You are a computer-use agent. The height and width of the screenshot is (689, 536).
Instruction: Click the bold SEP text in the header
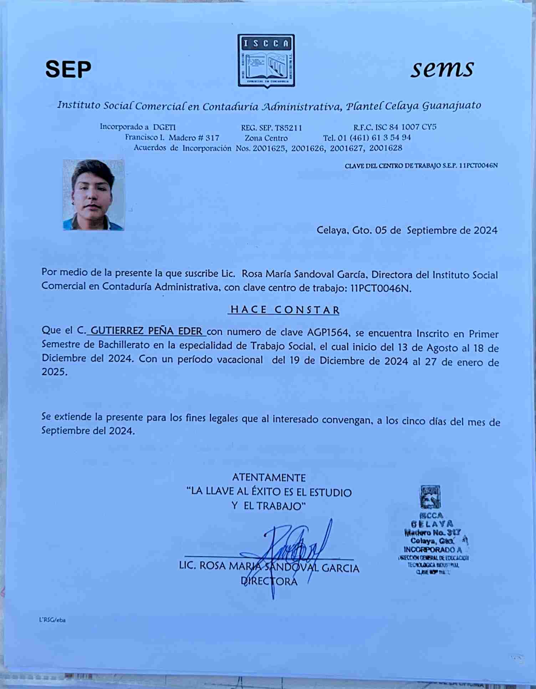tap(68, 69)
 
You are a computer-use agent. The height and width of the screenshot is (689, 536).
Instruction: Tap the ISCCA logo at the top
tap(266, 61)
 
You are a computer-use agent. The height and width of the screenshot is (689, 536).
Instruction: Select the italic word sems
tap(442, 68)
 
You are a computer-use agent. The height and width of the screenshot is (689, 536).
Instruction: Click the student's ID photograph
tap(93, 195)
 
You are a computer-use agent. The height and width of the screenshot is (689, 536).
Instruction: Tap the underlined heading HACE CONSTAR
tap(284, 309)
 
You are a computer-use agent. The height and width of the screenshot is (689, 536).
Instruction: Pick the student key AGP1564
tap(327, 333)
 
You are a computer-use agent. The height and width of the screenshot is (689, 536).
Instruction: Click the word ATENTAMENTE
tap(269, 477)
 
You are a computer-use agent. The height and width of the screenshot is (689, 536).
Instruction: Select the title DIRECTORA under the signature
tap(269, 581)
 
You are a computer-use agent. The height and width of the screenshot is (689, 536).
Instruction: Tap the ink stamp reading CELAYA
tap(432, 524)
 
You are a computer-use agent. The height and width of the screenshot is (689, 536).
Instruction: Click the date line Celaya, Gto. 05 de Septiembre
tap(407, 230)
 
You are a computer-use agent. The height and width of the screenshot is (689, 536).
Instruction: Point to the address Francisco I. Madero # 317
tap(172, 138)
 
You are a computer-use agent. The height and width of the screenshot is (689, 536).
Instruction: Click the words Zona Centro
tap(266, 138)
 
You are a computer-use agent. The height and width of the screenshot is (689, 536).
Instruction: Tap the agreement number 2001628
tap(386, 148)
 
